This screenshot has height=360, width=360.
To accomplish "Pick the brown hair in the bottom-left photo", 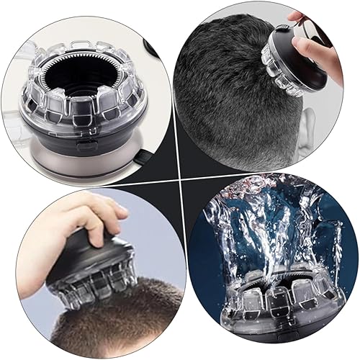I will [x=122, y=324].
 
